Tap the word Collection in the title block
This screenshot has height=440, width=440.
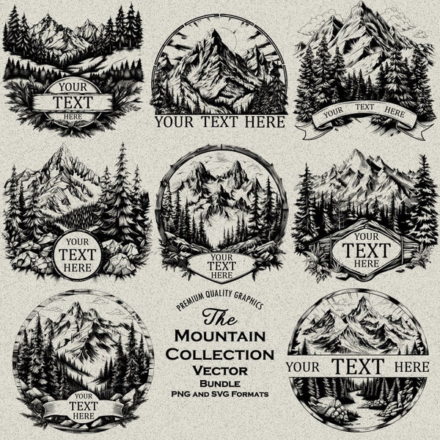pos(221,354)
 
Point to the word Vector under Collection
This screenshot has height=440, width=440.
pos(221,370)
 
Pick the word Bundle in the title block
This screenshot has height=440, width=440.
pos(221,384)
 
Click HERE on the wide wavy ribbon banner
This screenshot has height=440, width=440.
pos(395,113)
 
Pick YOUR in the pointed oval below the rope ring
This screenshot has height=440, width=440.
pos(219,257)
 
